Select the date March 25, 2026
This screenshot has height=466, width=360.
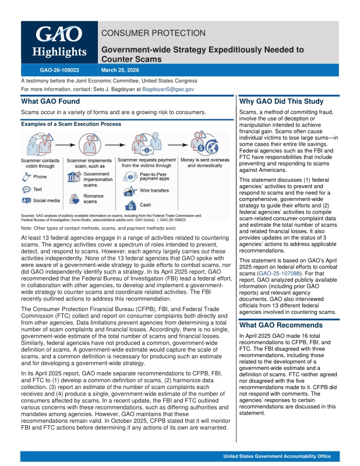tap(121, 69)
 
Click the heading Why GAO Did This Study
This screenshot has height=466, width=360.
tap(281, 101)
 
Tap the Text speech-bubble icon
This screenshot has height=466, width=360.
tap(26, 189)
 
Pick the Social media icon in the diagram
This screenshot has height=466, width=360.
tap(26, 200)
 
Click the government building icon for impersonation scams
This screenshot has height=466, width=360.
tap(75, 177)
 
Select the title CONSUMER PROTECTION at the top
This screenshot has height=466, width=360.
tap(153, 33)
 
